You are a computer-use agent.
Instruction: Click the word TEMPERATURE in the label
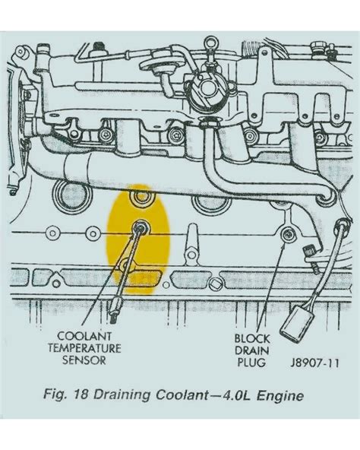click(85, 347)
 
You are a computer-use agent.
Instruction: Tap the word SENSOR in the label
click(85, 360)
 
